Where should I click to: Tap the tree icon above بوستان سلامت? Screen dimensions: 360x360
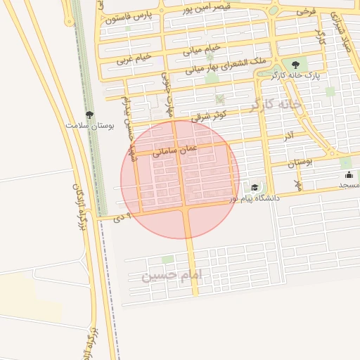(x=89, y=113)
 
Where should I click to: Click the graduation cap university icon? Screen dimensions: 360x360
(x=254, y=187)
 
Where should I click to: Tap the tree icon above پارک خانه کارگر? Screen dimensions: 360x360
(x=295, y=64)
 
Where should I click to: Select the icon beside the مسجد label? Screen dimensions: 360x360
(x=349, y=174)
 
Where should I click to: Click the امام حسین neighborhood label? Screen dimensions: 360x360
(x=171, y=274)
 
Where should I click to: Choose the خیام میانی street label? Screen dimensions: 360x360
(x=202, y=49)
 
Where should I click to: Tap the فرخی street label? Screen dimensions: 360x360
(x=306, y=12)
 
